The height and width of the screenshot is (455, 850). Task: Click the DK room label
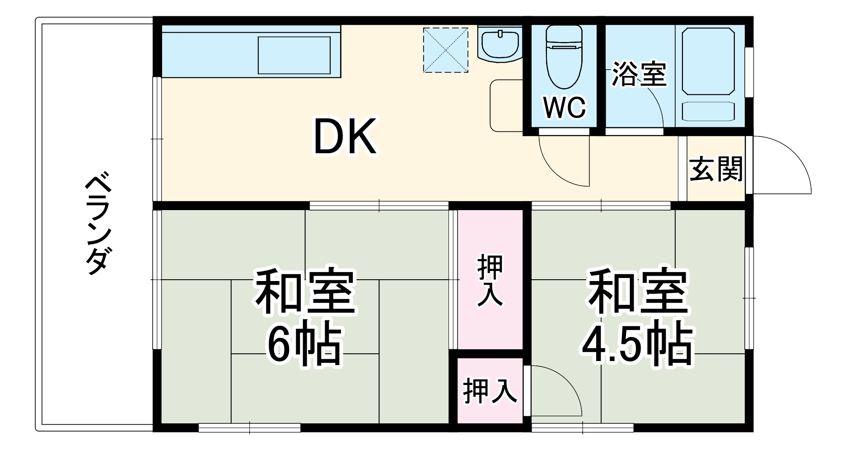tap(345, 137)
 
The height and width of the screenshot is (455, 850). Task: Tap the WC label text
tap(564, 108)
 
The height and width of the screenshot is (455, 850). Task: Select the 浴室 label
tap(639, 75)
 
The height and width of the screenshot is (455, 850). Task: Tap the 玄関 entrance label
tap(716, 169)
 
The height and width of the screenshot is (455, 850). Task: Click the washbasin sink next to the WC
tap(500, 44)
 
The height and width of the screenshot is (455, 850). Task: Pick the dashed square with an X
tap(445, 50)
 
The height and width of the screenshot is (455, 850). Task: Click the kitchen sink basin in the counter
tap(294, 55)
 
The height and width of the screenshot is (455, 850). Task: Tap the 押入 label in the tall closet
tap(490, 280)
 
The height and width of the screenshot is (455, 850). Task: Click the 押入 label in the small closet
tap(490, 391)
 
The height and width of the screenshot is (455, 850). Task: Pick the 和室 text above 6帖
tap(305, 292)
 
